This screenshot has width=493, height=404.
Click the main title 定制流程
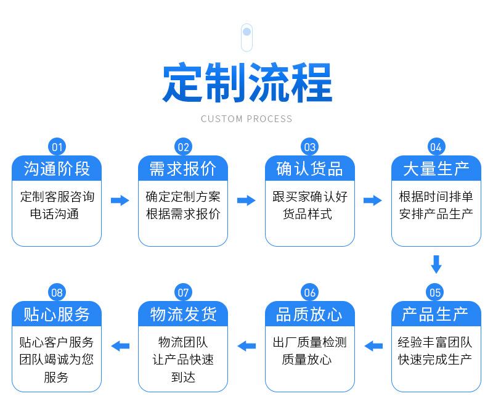[x=246, y=83]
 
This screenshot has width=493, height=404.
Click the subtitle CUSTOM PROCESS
[x=246, y=118]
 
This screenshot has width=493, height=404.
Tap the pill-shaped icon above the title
[x=246, y=37]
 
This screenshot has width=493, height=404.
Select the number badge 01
[x=57, y=147]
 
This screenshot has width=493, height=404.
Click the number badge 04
[x=436, y=147]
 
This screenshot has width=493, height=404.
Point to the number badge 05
[x=436, y=292]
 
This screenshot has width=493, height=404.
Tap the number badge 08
[x=57, y=292]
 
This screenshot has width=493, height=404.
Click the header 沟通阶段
[x=57, y=168]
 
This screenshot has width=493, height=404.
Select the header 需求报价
[x=183, y=168]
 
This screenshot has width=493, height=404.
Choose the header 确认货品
[x=310, y=168]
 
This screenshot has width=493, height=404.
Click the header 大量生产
[x=436, y=168]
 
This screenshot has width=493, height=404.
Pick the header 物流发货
[x=183, y=314]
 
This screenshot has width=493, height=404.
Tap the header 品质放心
[x=310, y=314]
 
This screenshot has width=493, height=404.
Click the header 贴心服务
[x=57, y=314]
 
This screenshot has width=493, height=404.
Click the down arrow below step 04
[x=436, y=264]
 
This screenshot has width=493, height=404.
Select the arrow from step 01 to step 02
[x=120, y=200]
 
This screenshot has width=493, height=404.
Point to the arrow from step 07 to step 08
[x=120, y=346]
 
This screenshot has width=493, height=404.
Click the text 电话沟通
[x=57, y=215]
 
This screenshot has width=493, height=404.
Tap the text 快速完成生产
[x=436, y=360]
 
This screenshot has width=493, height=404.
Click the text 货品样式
[x=310, y=215]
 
